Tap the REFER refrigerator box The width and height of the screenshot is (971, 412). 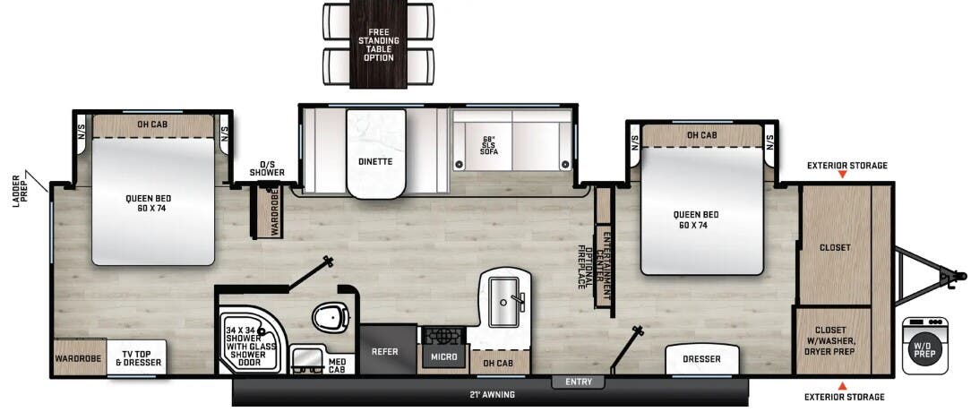pyautogui.click(x=384, y=351)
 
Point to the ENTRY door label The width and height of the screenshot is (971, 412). pyautogui.click(x=578, y=382)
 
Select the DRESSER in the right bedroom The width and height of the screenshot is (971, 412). pyautogui.click(x=700, y=359)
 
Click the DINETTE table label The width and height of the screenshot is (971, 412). pyautogui.click(x=376, y=162)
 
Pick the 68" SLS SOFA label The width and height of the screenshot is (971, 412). pyautogui.click(x=489, y=146)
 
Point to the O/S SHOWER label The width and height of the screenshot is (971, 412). pyautogui.click(x=267, y=168)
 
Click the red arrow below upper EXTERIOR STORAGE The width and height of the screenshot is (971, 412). pyautogui.click(x=842, y=176)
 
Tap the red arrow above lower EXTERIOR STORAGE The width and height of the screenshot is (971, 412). pyautogui.click(x=842, y=385)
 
